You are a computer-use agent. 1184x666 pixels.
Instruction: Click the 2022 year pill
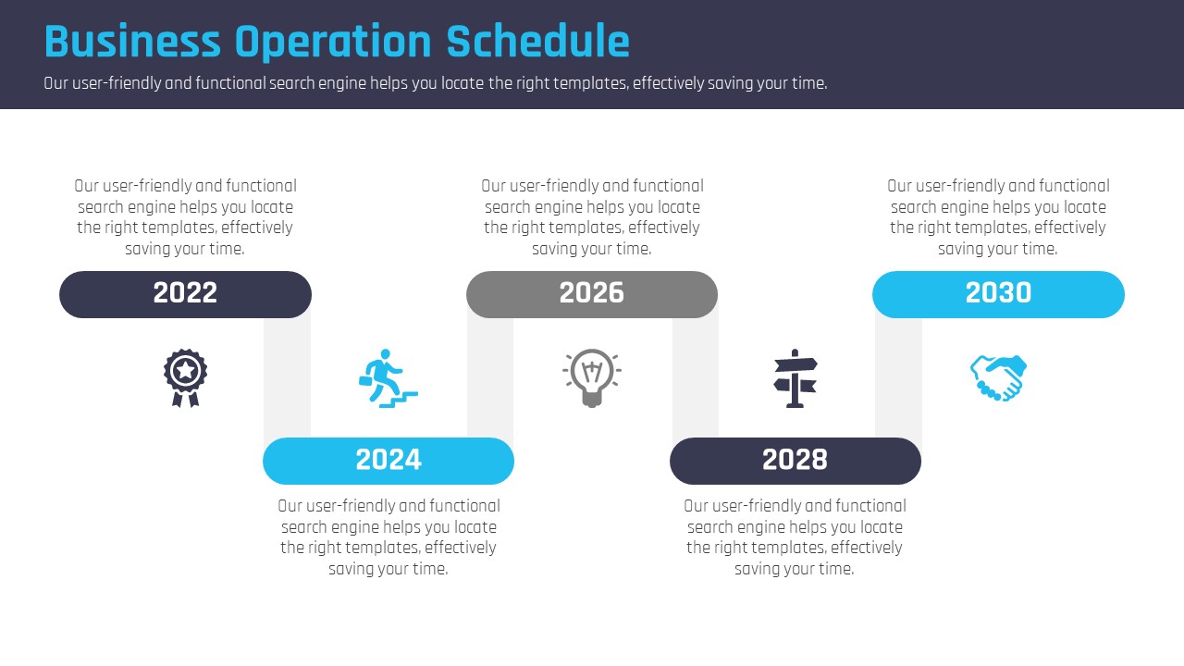tap(185, 294)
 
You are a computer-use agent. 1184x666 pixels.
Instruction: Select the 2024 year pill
tap(388, 461)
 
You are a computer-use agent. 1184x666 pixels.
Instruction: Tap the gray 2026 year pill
tap(592, 294)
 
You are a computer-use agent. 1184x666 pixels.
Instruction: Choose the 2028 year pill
tap(795, 461)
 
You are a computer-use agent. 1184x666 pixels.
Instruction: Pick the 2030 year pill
tap(998, 294)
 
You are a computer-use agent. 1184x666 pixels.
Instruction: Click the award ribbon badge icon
tap(185, 377)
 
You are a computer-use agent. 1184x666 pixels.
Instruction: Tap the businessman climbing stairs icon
tap(388, 378)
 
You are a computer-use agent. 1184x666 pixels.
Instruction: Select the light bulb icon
tap(592, 378)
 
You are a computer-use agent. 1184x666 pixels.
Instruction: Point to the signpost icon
tap(795, 378)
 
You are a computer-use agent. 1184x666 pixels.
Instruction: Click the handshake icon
tap(998, 378)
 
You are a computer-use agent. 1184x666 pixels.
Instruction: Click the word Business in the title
tap(132, 42)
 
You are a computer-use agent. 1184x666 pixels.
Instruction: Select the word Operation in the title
tap(333, 43)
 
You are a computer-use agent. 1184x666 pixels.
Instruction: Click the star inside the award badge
tap(186, 370)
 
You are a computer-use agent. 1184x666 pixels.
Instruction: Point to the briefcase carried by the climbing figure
tap(365, 381)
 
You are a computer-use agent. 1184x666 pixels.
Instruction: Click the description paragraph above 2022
tap(185, 217)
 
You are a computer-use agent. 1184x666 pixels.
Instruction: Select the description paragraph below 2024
tap(388, 537)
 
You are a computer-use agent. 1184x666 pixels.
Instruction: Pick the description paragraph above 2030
tap(998, 217)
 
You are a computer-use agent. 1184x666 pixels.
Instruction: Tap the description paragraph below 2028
tap(795, 537)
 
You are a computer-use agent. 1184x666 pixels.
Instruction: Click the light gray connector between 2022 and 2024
tap(287, 378)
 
